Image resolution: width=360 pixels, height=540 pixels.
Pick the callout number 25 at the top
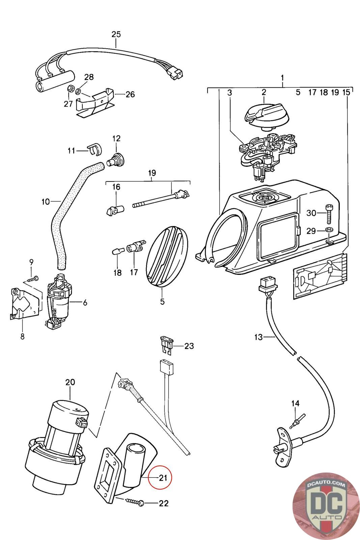[116, 34]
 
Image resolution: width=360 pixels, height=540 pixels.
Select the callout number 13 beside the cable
[258, 337]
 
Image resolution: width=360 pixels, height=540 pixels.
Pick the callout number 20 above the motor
[70, 382]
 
